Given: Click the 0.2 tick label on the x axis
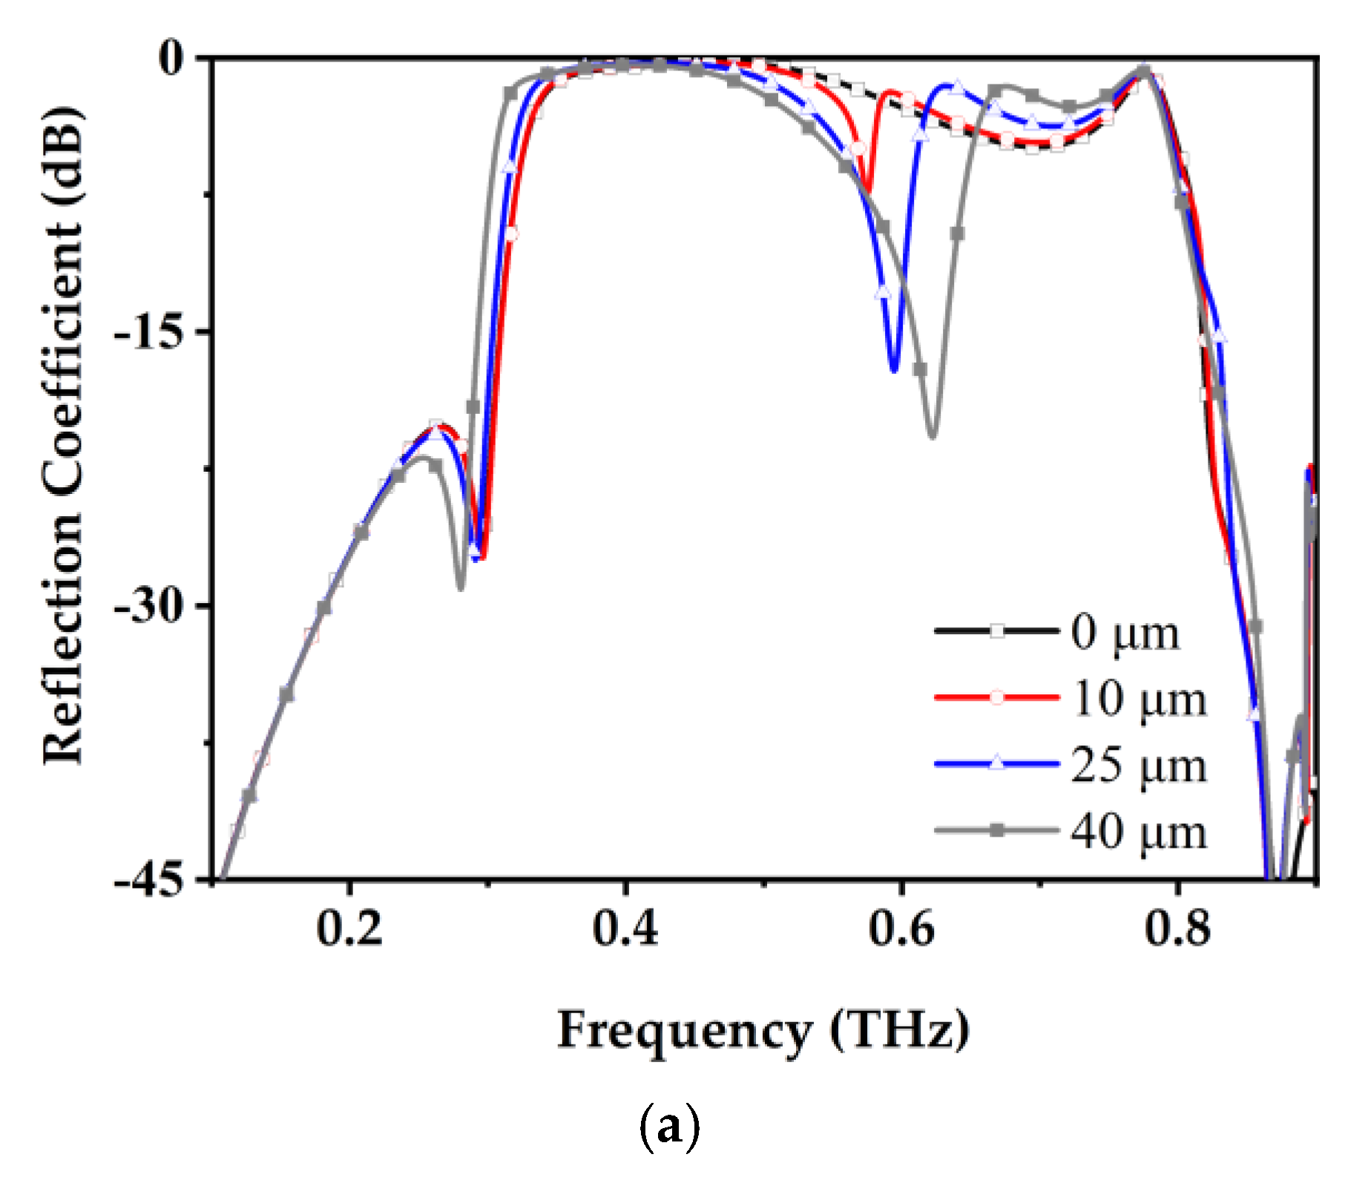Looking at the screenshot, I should tap(349, 929).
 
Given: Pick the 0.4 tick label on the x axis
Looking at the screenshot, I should tap(625, 929).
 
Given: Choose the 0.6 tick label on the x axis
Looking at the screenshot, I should tap(901, 929).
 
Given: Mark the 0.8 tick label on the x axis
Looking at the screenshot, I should tap(1177, 929).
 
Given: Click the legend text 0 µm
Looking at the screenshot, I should tap(1125, 633).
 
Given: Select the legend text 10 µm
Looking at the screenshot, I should tap(1139, 699).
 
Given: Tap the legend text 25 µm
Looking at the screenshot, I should tap(1139, 765).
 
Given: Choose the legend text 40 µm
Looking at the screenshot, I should tap(1139, 831).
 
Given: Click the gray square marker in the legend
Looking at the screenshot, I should tap(997, 831).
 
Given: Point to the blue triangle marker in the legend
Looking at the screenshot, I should tap(997, 763).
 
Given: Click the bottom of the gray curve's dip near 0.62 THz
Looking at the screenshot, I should tap(933, 435).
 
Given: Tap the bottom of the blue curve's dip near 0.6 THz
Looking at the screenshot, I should tap(894, 369).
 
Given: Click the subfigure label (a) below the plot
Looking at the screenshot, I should tap(669, 1128).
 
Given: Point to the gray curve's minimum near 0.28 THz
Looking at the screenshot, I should tap(461, 587).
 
